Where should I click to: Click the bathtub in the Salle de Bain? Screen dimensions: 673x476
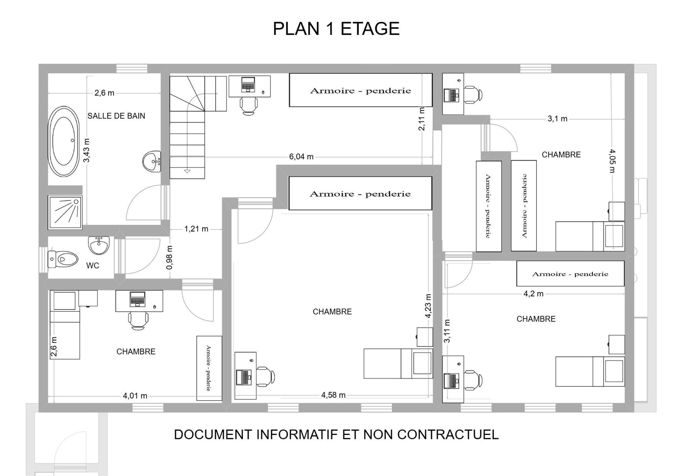pyautogui.click(x=64, y=141)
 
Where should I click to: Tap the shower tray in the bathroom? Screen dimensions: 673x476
pyautogui.click(x=65, y=212)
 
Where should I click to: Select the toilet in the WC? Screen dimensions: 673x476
pyautogui.click(x=63, y=259)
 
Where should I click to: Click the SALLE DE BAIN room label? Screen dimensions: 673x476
pyautogui.click(x=116, y=116)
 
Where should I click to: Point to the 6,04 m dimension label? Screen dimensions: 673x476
pyautogui.click(x=301, y=157)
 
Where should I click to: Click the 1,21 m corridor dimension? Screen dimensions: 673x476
pyautogui.click(x=196, y=229)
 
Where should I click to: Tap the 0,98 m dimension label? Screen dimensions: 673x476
pyautogui.click(x=170, y=257)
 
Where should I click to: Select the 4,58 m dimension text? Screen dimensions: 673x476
pyautogui.click(x=333, y=395)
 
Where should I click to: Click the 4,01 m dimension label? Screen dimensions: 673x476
pyautogui.click(x=135, y=396)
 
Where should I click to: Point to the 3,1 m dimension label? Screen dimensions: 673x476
pyautogui.click(x=558, y=119)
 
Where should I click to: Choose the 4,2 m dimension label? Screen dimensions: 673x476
pyautogui.click(x=533, y=294)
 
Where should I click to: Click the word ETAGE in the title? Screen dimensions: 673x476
pyautogui.click(x=370, y=29)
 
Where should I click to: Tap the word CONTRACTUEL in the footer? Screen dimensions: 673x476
pyautogui.click(x=448, y=435)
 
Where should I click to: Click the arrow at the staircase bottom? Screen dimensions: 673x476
pyautogui.click(x=187, y=172)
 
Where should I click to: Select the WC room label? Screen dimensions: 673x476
pyautogui.click(x=93, y=266)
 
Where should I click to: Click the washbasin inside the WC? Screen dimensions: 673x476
pyautogui.click(x=99, y=245)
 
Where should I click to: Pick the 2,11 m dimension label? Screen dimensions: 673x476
pyautogui.click(x=421, y=119)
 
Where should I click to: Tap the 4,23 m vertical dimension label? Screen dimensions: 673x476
pyautogui.click(x=428, y=306)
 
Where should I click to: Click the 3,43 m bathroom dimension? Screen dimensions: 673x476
pyautogui.click(x=86, y=150)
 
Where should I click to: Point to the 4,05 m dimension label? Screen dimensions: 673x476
pyautogui.click(x=612, y=161)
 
